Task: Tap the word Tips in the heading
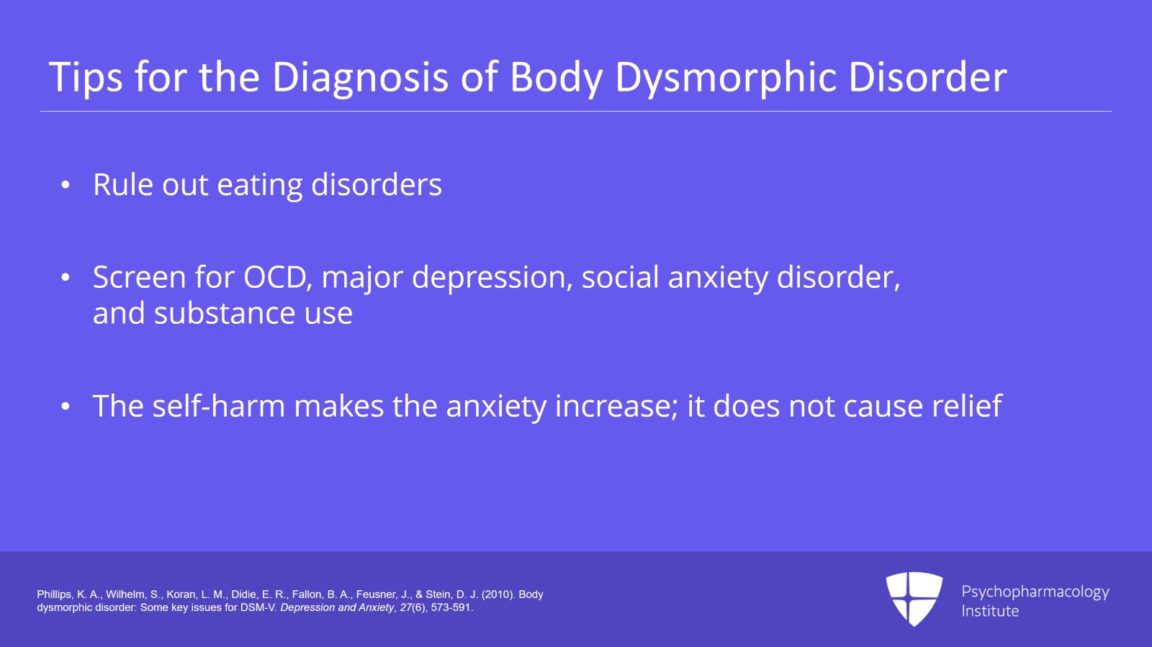tap(86, 77)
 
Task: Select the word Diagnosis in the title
tap(360, 77)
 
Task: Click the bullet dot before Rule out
tap(66, 186)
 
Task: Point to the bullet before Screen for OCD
tap(66, 278)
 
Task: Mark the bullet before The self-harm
tap(66, 407)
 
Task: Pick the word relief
tap(966, 407)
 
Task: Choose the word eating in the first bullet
tap(259, 186)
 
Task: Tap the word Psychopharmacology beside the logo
tap(1035, 592)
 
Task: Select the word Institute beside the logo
tap(990, 611)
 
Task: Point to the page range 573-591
tap(451, 607)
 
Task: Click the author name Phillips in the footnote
tap(55, 594)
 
